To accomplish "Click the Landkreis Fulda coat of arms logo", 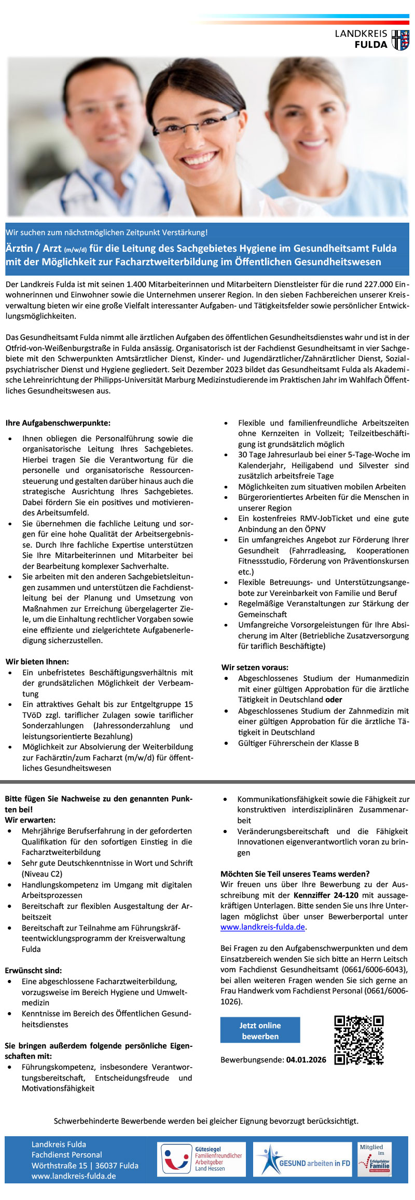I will click(400, 40).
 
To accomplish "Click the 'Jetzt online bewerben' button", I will click(260, 1030).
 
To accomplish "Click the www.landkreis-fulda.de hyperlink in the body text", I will click(262, 926).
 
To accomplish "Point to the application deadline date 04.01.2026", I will click(306, 1059).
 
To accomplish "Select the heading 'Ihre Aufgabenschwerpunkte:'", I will click(58, 423).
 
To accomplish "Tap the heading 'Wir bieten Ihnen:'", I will click(37, 661).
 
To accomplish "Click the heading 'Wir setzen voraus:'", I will click(255, 667).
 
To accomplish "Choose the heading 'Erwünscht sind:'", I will click(33, 970).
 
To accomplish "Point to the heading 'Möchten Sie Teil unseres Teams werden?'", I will click(295, 874).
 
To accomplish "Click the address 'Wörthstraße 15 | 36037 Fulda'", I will click(85, 1165).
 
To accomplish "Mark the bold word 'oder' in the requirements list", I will click(334, 700).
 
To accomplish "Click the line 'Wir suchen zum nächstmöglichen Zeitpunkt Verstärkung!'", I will click(106, 232).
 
